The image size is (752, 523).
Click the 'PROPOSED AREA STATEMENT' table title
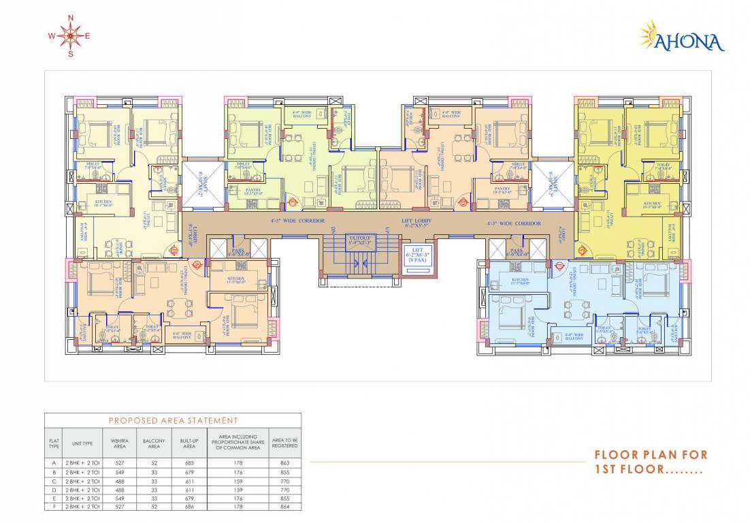tap(173, 421)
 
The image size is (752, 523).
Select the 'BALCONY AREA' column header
tap(154, 443)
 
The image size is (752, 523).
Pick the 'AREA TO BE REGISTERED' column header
tap(284, 443)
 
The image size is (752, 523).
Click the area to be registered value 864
tap(284, 507)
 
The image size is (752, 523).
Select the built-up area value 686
tap(189, 507)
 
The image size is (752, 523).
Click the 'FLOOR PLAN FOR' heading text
tap(651, 455)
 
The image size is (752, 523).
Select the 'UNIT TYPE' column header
tap(82, 443)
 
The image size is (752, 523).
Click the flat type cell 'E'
tap(54, 498)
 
